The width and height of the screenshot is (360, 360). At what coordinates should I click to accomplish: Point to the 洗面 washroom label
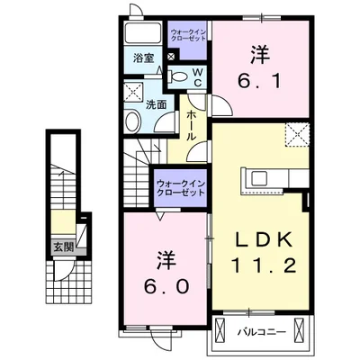[155, 104]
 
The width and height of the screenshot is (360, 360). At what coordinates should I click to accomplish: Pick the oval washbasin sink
[132, 122]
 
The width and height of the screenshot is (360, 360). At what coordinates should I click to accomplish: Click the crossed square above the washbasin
[133, 91]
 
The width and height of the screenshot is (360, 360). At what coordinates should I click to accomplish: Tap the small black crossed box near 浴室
[170, 56]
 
